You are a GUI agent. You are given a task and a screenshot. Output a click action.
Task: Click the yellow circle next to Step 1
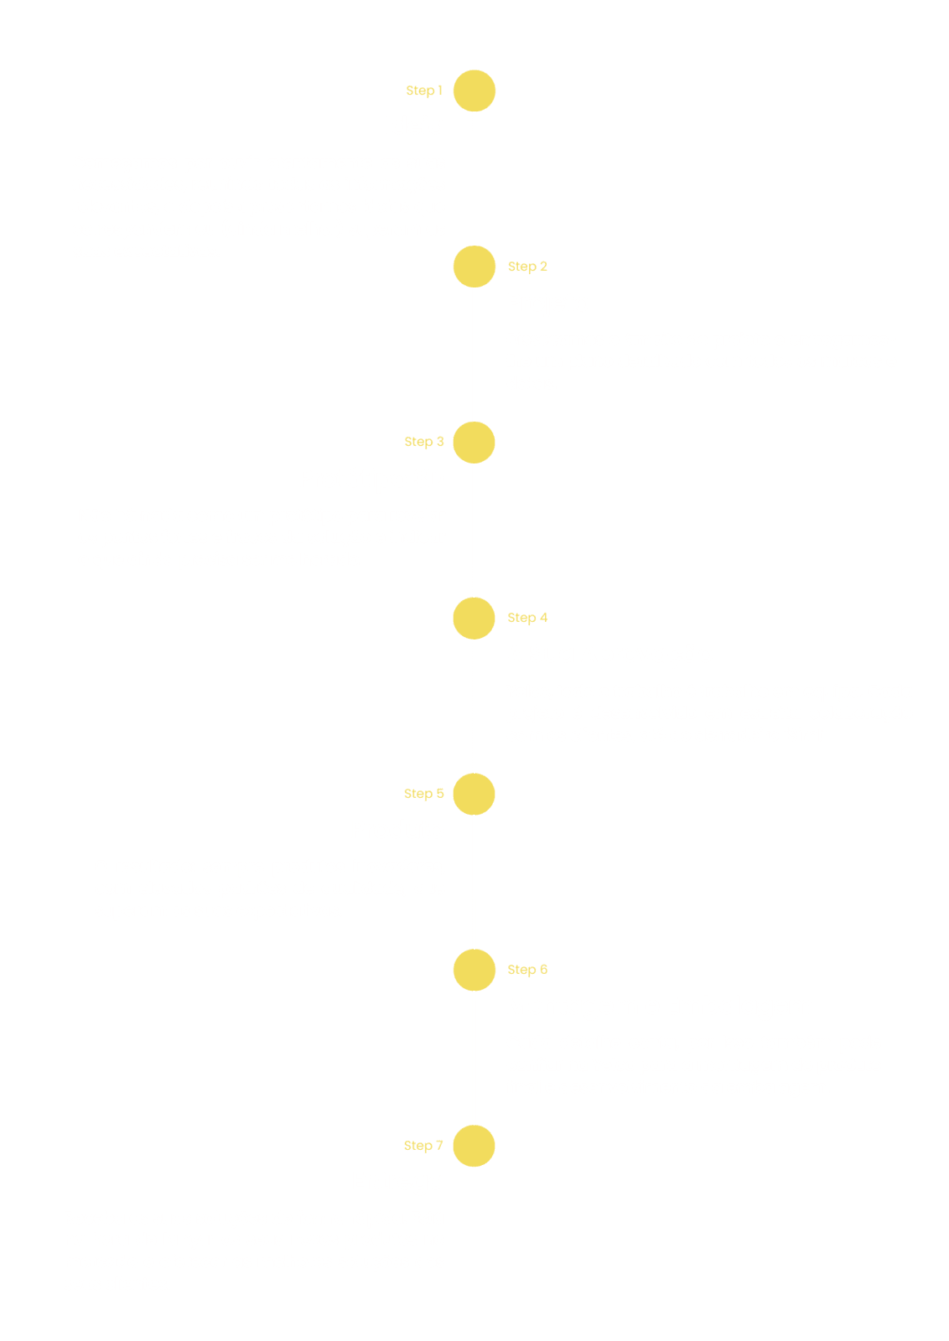[474, 91]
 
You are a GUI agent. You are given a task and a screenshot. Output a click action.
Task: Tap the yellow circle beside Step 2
[474, 267]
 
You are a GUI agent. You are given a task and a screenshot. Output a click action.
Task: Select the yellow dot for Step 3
[474, 443]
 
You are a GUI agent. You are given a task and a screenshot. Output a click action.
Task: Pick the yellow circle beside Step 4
[474, 619]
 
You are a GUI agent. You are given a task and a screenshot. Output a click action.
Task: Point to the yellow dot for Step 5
[474, 795]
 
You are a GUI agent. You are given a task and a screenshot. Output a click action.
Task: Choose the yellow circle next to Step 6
[474, 970]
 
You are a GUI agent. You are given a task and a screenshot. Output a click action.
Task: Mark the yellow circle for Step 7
[474, 1146]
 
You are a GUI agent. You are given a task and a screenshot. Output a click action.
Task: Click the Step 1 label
[424, 91]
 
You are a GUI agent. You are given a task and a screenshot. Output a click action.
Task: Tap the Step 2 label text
[527, 267]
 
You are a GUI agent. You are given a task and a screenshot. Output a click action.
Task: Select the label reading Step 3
[424, 443]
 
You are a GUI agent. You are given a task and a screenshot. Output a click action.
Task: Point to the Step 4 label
[527, 619]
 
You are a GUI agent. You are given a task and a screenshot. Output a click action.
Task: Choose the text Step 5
[424, 795]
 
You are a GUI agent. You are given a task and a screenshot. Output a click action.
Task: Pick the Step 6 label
[527, 970]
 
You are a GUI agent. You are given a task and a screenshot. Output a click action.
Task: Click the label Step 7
[423, 1146]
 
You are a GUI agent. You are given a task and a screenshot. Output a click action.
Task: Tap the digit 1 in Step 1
[440, 90]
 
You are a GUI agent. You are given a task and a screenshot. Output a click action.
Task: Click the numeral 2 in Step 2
[543, 266]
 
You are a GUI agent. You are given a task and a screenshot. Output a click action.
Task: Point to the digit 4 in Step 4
[543, 617]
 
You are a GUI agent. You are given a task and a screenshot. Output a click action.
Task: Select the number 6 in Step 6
[543, 969]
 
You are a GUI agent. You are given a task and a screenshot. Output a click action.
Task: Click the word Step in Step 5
[418, 795]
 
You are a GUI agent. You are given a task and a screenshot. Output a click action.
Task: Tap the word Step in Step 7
[418, 1146]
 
